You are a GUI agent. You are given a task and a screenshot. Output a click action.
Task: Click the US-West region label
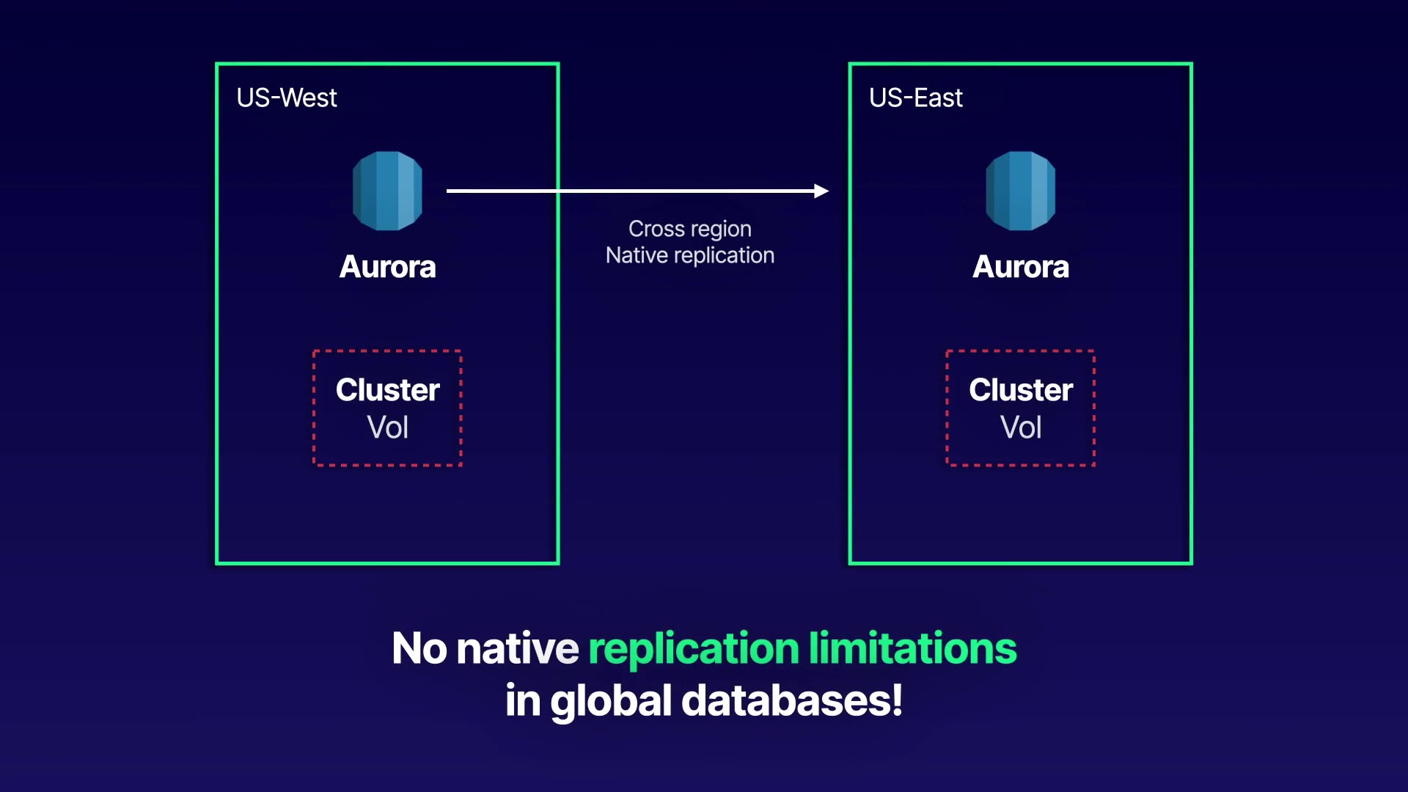click(286, 98)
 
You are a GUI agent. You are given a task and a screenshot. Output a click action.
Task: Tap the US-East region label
click(915, 98)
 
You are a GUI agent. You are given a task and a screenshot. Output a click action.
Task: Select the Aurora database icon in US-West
click(387, 191)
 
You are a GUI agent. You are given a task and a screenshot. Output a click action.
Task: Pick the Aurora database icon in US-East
click(1020, 191)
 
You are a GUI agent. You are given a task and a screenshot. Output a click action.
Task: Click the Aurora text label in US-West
click(387, 267)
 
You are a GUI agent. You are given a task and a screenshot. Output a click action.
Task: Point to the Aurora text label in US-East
click(1020, 267)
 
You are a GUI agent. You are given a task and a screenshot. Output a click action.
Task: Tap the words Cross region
click(689, 229)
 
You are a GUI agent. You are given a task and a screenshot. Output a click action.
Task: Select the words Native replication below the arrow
click(689, 255)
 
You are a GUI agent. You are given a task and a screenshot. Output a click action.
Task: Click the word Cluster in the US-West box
click(387, 390)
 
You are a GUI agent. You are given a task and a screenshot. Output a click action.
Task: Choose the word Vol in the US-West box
click(387, 428)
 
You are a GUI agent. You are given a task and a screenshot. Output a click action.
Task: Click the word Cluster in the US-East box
click(1020, 390)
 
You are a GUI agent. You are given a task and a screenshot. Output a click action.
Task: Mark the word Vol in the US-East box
click(1020, 428)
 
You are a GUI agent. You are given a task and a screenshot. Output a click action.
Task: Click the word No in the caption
click(419, 648)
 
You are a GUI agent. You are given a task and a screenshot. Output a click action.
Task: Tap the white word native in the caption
click(517, 648)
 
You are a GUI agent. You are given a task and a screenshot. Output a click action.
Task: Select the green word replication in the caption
click(693, 648)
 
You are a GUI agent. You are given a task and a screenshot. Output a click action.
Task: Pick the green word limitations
click(912, 648)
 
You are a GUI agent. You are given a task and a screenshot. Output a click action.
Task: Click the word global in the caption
click(610, 701)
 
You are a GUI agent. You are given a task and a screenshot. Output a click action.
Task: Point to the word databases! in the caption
click(792, 701)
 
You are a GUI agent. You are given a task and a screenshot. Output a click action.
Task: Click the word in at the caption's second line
click(522, 701)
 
